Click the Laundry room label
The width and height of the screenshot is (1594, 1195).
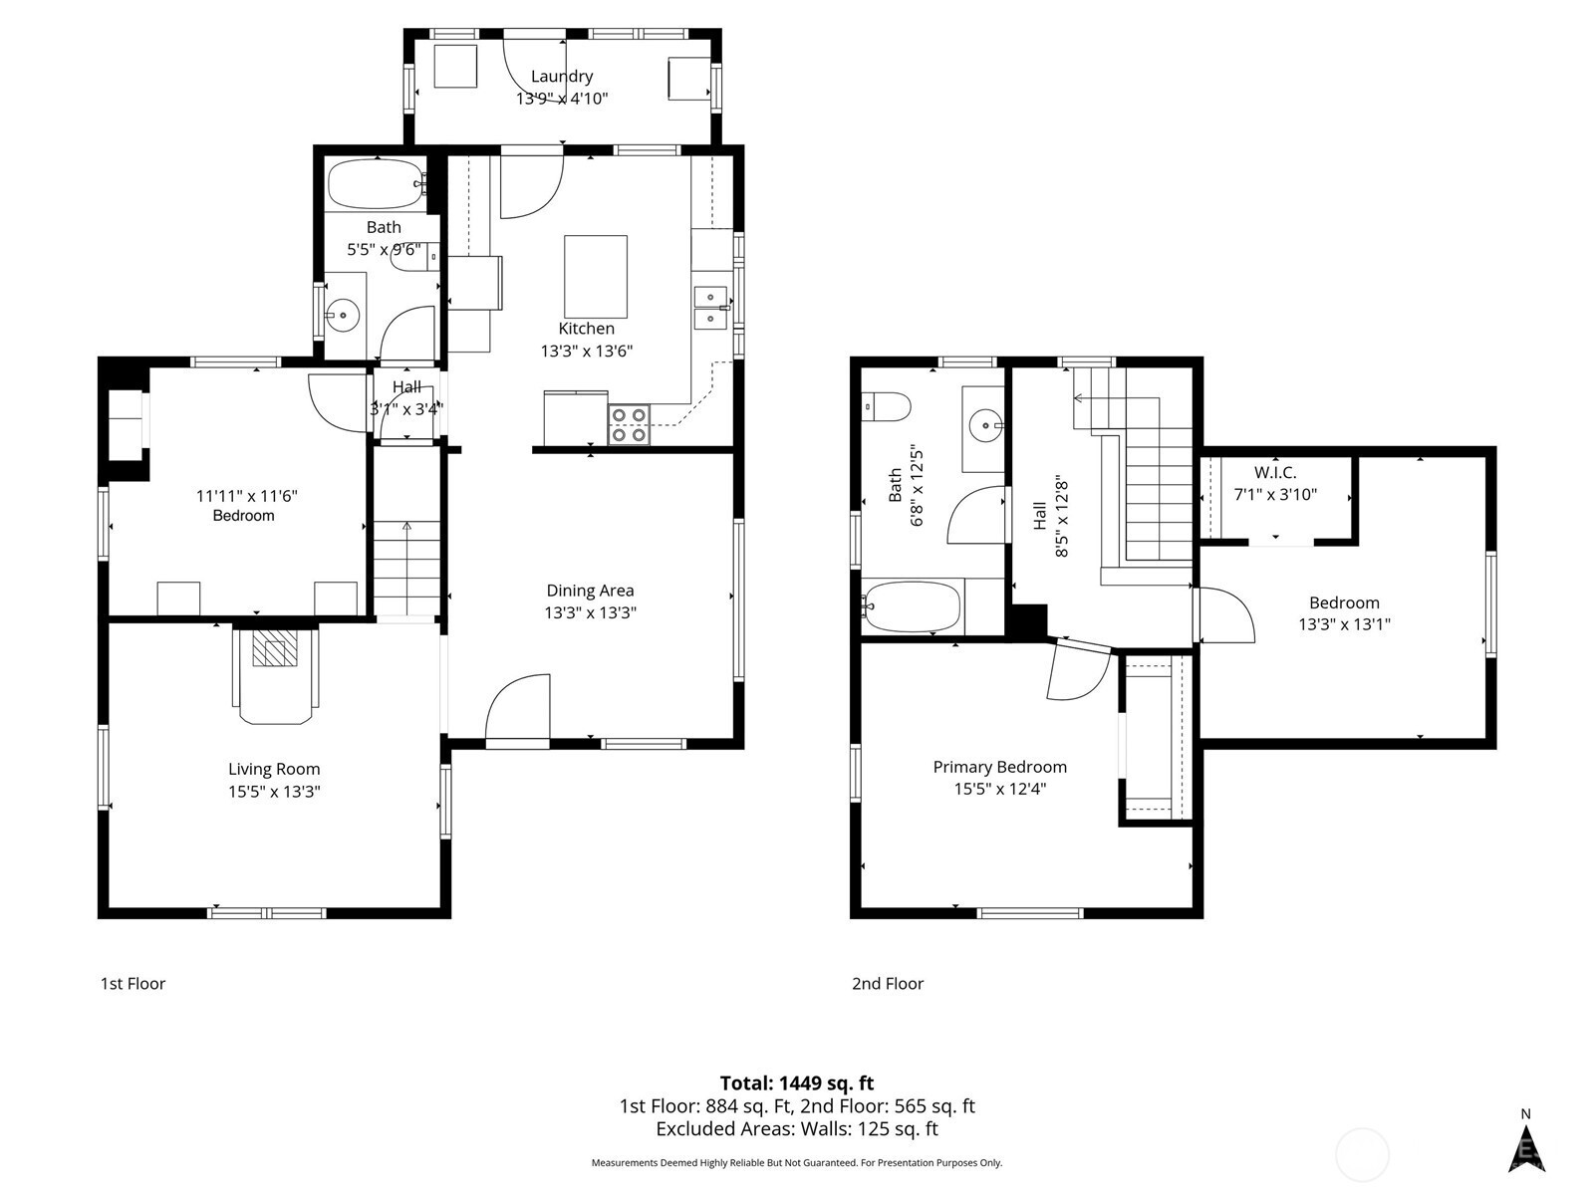point(561,77)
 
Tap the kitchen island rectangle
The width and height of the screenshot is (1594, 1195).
point(596,277)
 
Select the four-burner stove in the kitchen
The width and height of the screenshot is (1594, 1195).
point(629,425)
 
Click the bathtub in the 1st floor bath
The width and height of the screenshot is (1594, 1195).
point(377,184)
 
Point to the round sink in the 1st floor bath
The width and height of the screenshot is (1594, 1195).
point(342,315)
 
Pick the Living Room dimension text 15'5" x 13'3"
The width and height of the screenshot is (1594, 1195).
point(274,791)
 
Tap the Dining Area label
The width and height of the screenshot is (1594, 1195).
point(590,591)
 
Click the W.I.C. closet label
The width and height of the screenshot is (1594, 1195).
point(1275,472)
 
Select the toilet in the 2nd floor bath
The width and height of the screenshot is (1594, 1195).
point(886,407)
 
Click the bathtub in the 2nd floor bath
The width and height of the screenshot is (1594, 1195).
point(912,606)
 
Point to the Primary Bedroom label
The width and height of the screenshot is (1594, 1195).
point(999,767)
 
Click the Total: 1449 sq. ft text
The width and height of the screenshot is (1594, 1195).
point(797,1083)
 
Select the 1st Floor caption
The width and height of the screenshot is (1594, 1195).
point(133,983)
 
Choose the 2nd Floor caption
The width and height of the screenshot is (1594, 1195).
point(888,983)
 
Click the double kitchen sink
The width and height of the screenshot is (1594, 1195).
point(711,308)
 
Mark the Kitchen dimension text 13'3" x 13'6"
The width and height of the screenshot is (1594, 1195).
point(586,352)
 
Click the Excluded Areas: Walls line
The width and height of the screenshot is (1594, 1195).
point(797,1129)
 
